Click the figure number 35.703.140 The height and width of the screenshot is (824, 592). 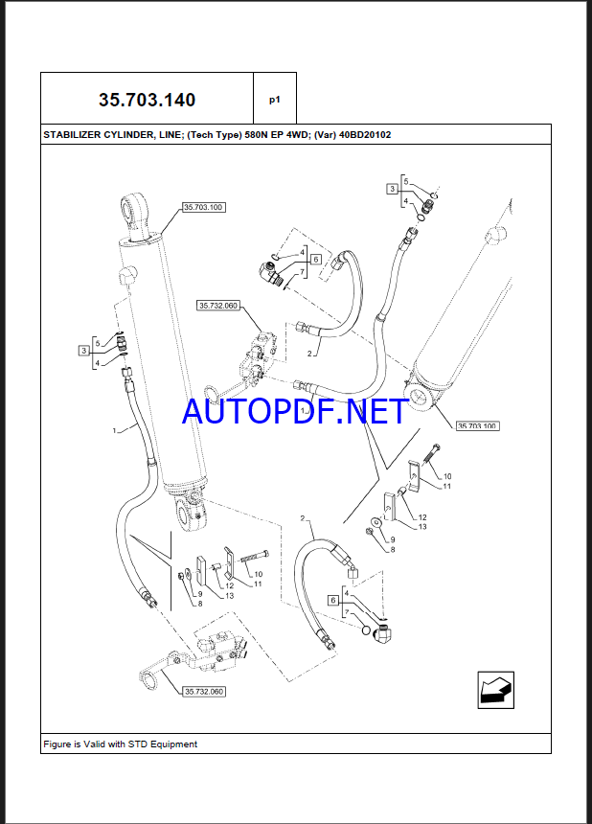click(148, 99)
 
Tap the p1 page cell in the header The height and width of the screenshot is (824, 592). click(275, 99)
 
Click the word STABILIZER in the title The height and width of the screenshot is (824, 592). click(75, 135)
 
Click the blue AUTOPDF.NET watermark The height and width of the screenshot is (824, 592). click(295, 413)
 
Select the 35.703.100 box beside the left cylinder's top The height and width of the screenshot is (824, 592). click(202, 207)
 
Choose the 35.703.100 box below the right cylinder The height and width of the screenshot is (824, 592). click(478, 425)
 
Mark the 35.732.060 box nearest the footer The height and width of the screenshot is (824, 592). click(202, 692)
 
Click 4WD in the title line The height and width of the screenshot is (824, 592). click(308, 135)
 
